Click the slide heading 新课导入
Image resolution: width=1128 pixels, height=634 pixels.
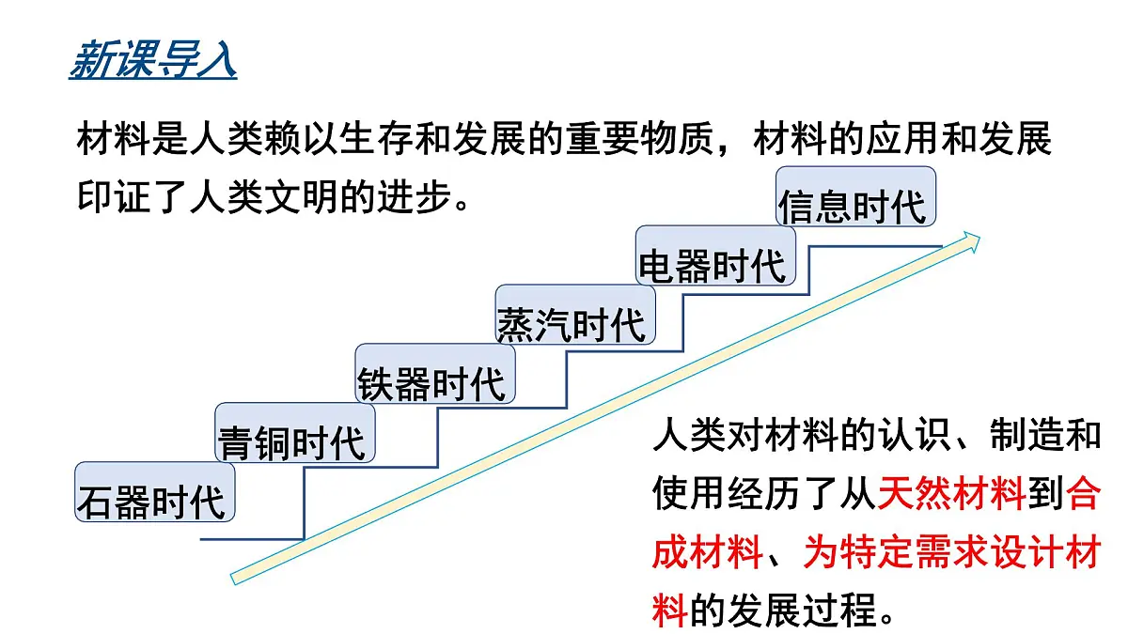(152, 59)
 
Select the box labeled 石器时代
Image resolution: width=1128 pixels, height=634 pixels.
(155, 492)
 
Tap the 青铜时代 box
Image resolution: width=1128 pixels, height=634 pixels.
(295, 433)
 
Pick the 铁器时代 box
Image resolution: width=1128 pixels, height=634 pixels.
(435, 374)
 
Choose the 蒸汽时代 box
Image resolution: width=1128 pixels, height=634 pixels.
(575, 315)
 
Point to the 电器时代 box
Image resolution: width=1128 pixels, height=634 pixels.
(715, 255)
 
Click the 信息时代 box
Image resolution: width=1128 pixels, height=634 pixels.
(856, 196)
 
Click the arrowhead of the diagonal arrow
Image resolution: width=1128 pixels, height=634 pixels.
(972, 241)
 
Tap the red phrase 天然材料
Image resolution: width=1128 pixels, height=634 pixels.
(951, 494)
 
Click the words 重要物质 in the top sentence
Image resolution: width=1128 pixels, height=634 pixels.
(639, 138)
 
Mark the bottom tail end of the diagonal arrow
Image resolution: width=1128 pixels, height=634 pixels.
(233, 579)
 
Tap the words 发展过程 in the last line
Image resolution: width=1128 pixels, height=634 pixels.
(802, 610)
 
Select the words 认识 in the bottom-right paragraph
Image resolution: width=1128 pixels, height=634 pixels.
(915, 435)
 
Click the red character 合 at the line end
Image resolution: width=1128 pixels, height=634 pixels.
(1083, 494)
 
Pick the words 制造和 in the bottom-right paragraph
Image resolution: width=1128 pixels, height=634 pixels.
(1045, 435)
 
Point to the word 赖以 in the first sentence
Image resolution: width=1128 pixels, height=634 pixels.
(301, 138)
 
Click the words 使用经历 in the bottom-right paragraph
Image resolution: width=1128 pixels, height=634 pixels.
(726, 494)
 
